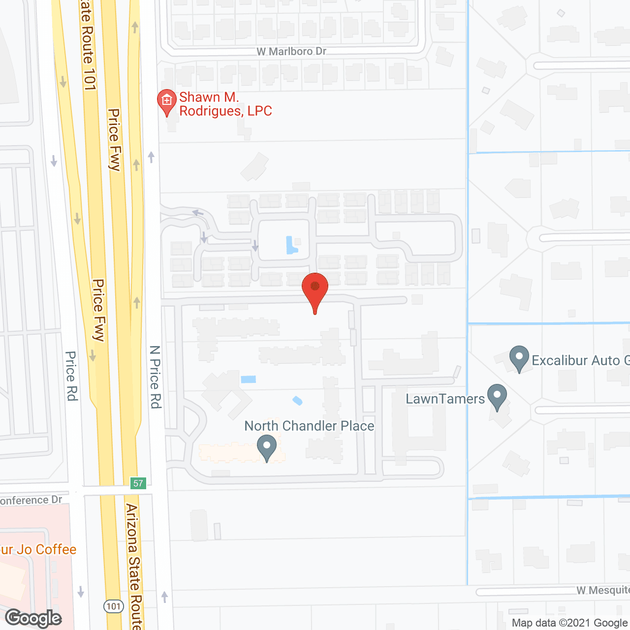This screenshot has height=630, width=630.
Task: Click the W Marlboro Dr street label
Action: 291,51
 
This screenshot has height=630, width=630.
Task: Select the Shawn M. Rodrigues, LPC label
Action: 225,104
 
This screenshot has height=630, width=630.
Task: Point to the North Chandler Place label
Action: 309,426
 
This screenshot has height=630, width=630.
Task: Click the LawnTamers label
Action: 445,399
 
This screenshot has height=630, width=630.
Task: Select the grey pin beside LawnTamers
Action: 497,397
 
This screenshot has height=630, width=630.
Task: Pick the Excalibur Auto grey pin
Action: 519,358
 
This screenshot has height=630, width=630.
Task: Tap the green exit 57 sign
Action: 138,483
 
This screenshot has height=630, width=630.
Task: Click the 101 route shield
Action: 114,606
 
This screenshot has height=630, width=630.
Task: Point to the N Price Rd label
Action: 156,377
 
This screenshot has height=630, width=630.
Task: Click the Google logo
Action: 33,618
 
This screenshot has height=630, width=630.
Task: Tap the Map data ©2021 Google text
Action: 570,623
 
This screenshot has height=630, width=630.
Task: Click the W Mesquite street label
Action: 602,590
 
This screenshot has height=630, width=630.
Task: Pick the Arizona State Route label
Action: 134,566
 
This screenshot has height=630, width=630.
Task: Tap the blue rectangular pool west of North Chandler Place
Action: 249,379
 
